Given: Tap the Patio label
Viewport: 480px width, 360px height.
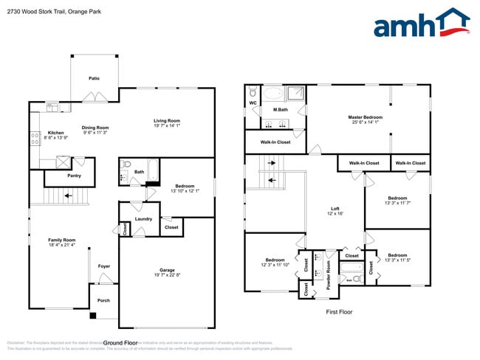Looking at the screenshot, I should [x=94, y=77].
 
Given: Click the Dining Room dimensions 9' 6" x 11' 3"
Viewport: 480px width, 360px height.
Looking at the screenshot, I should [x=95, y=133].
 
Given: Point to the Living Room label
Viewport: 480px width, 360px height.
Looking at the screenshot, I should [x=167, y=120].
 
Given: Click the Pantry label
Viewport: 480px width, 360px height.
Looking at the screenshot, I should [x=74, y=176].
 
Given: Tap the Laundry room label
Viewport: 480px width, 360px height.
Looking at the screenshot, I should [x=143, y=218].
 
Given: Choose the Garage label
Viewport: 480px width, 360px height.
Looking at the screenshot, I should [x=168, y=270].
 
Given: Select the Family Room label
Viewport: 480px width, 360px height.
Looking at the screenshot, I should [x=62, y=240].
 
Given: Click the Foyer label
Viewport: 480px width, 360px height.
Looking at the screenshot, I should [x=103, y=267].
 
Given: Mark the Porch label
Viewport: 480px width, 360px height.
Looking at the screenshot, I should [x=103, y=300].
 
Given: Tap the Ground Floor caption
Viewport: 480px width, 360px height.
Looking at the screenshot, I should [x=120, y=343].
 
